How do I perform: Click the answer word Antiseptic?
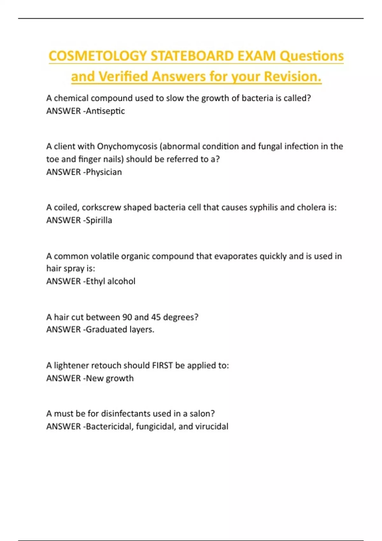pos(105,111)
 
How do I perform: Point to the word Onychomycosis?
pos(127,146)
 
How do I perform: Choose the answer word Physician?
pos(104,172)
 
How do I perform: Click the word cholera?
pos(311,207)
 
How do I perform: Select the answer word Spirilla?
pos(99,220)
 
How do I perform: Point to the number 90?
pos(127,317)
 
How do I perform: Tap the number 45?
pos(156,317)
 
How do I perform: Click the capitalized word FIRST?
pos(162,365)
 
